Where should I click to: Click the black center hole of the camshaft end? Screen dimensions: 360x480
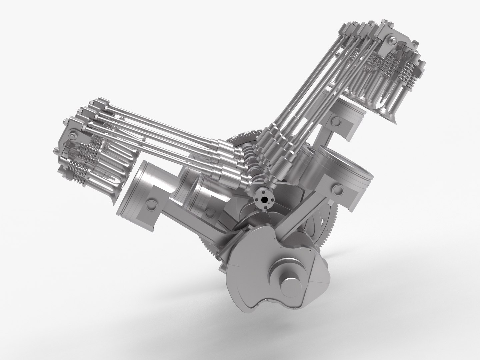click(x=264, y=200)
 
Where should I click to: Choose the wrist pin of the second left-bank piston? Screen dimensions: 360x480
click(x=209, y=212)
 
